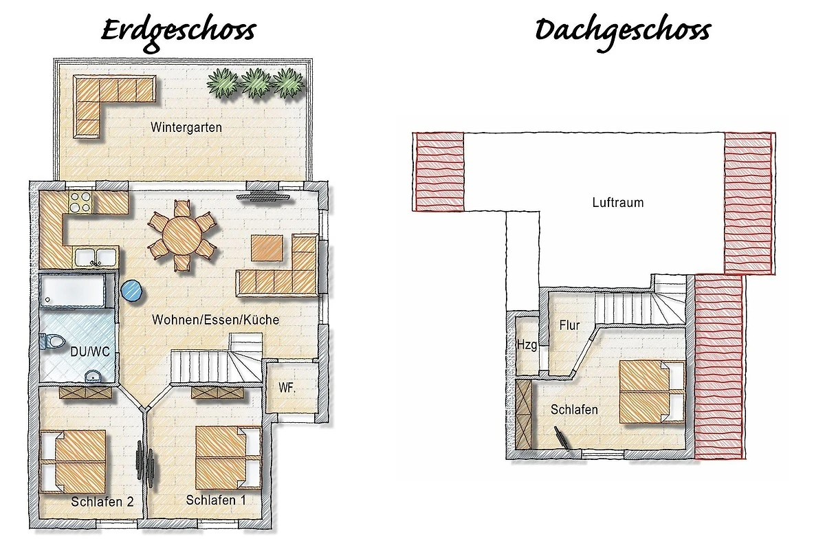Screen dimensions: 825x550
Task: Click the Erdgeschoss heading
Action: click(x=178, y=34)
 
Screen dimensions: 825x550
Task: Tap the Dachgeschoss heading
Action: click(x=622, y=34)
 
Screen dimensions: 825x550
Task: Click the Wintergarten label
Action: click(x=186, y=127)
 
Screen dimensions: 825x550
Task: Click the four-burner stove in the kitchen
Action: click(x=80, y=203)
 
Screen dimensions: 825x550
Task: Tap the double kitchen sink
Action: click(x=96, y=257)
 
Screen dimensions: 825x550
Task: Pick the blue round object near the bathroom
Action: click(x=131, y=291)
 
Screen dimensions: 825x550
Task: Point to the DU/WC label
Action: click(x=90, y=352)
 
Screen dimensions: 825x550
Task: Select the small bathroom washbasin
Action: click(x=93, y=377)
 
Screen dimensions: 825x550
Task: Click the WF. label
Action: click(x=287, y=388)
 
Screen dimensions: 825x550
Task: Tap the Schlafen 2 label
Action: click(x=102, y=502)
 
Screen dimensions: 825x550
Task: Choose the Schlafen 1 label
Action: click(x=216, y=500)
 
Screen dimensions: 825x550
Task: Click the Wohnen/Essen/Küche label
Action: click(x=215, y=320)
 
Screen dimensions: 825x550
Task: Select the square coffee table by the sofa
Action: click(x=267, y=247)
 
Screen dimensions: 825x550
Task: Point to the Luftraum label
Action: click(x=618, y=203)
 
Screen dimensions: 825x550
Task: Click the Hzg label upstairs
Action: click(x=527, y=345)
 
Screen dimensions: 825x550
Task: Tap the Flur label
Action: click(x=569, y=325)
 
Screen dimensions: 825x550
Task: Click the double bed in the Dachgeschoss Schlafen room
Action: click(x=652, y=392)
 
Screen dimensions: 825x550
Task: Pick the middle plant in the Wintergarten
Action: click(x=256, y=83)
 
